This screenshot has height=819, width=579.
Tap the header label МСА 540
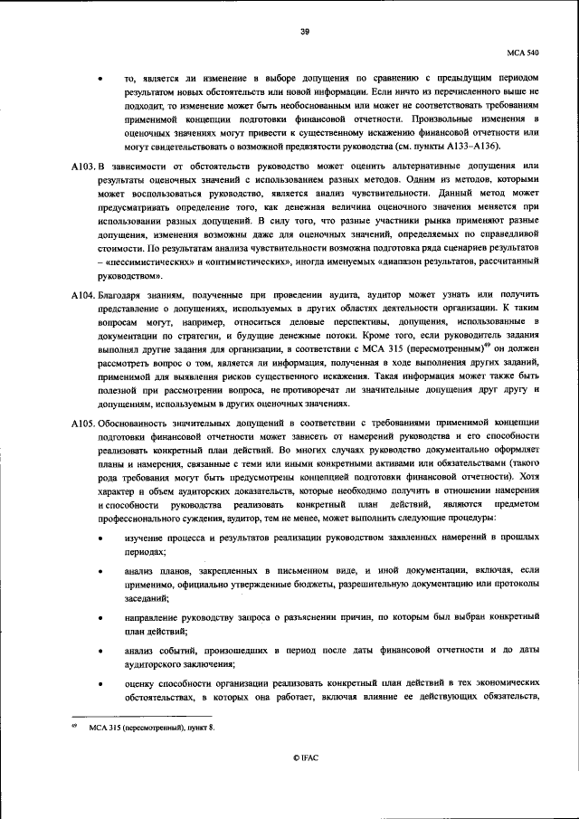tap(523, 53)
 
